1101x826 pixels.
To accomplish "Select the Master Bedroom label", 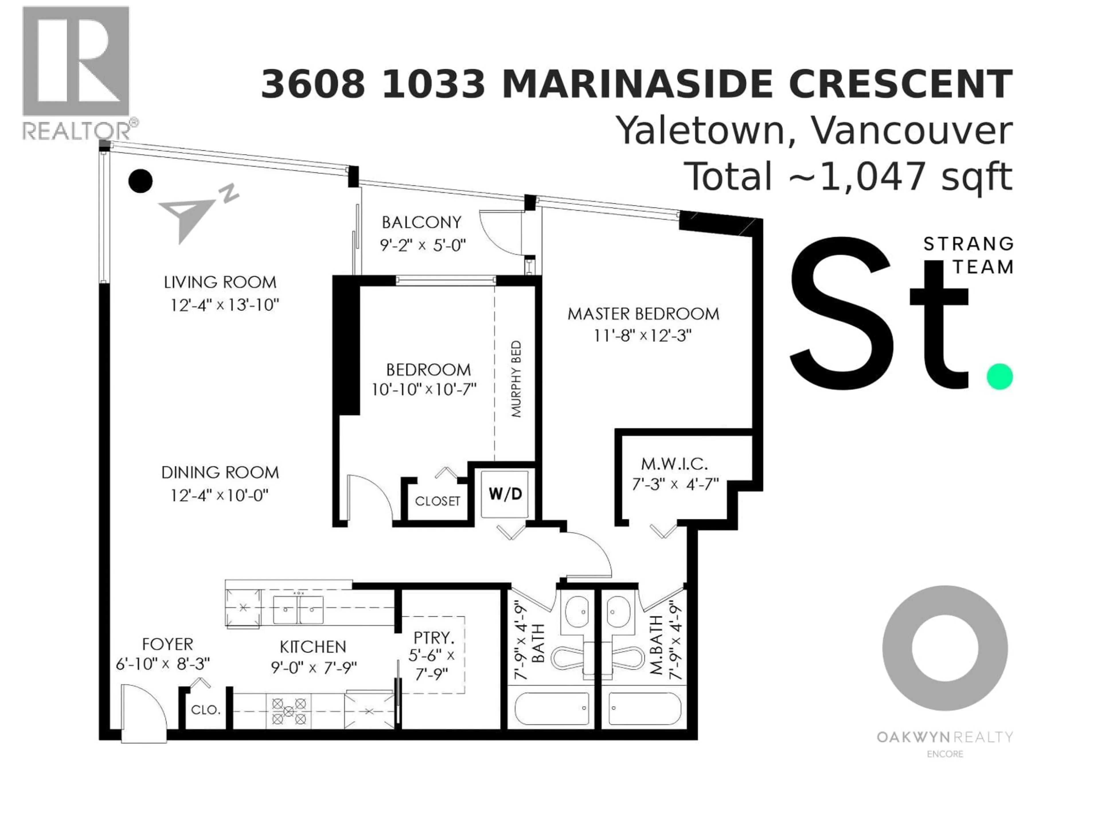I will pyautogui.click(x=643, y=314).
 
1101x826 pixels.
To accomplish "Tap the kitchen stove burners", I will pyautogui.click(x=289, y=711).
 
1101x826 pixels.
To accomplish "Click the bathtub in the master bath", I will pyautogui.click(x=645, y=708).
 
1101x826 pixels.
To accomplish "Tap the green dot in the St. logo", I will pyautogui.click(x=1000, y=376).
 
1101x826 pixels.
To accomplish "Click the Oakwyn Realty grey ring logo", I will pyautogui.click(x=945, y=648).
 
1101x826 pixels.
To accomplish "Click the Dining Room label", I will pyautogui.click(x=220, y=472).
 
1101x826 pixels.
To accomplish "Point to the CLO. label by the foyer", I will pyautogui.click(x=206, y=710).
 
